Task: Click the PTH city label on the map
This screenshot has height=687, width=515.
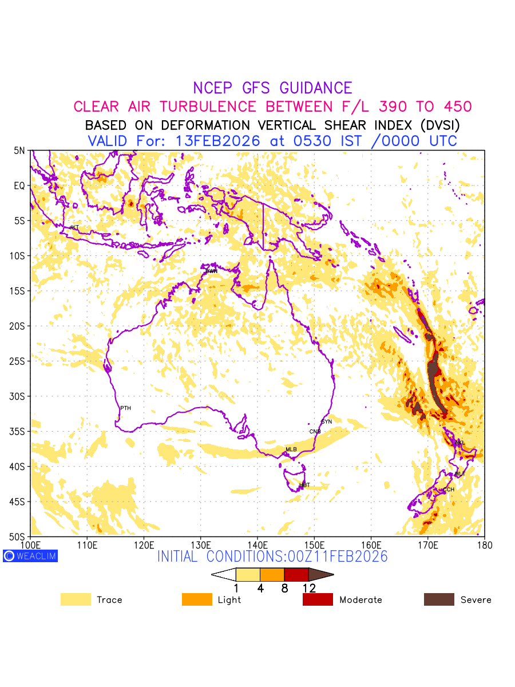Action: [125, 408]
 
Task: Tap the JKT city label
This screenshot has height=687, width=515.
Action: [74, 227]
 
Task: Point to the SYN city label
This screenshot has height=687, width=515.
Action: [326, 421]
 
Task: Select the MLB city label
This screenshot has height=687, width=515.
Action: [291, 449]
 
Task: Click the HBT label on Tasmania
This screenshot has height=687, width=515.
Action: [304, 485]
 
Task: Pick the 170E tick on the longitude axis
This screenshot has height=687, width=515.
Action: [428, 544]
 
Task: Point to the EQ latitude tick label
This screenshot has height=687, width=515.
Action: [20, 185]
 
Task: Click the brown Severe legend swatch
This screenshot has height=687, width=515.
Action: [439, 599]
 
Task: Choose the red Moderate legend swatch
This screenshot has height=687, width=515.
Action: [318, 599]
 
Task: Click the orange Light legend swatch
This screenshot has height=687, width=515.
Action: [197, 599]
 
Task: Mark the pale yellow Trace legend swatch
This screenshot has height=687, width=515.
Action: [76, 599]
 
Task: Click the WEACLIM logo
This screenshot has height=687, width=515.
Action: [30, 556]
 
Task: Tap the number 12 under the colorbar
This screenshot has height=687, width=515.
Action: [309, 587]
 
